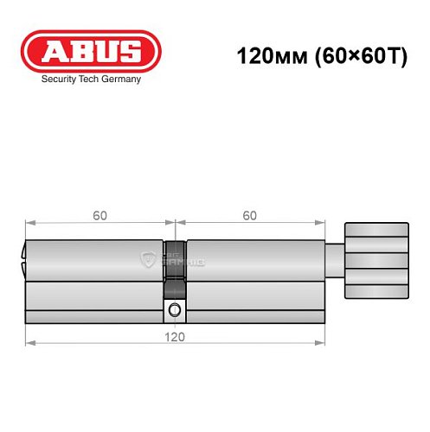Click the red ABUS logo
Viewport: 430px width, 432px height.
(91, 52)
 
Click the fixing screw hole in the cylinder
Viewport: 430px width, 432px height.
(176, 310)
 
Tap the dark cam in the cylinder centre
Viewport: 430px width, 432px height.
(176, 270)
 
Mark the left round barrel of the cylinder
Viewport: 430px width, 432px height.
(95, 259)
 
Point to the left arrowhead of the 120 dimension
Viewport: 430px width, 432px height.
(29, 343)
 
